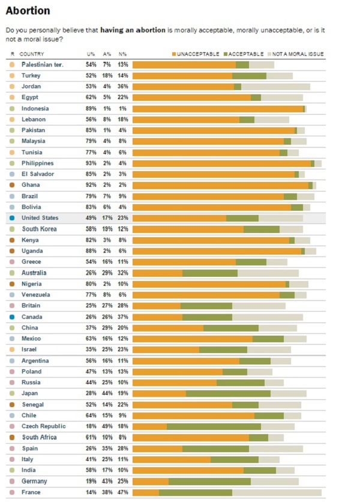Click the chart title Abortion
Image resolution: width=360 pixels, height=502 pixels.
(x=28, y=11)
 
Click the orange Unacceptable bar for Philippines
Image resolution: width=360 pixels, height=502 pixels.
(x=221, y=163)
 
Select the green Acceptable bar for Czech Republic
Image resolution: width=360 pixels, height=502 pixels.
(x=214, y=426)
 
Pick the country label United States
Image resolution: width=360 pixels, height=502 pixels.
(x=40, y=218)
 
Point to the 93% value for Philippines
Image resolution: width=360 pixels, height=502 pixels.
(x=91, y=163)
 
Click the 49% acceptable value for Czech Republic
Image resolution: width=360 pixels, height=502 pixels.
(x=107, y=426)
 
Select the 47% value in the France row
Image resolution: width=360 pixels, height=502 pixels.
(x=122, y=492)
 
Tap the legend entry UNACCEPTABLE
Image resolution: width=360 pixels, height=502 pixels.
(x=196, y=54)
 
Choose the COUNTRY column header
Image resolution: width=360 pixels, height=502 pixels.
(x=32, y=54)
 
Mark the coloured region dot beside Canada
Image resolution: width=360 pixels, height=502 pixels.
(x=12, y=316)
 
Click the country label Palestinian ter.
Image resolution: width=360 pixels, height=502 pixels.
(x=43, y=64)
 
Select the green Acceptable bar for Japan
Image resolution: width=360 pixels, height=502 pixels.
(x=228, y=393)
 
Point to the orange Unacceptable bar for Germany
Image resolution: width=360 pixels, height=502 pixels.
(x=151, y=481)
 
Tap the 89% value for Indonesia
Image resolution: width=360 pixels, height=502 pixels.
(x=91, y=109)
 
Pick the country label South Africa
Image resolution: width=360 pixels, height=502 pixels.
(x=40, y=437)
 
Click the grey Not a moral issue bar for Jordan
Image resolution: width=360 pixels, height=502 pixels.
(x=275, y=86)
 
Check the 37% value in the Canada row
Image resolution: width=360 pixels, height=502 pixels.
(x=122, y=316)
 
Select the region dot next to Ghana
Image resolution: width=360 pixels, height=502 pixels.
(x=12, y=185)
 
